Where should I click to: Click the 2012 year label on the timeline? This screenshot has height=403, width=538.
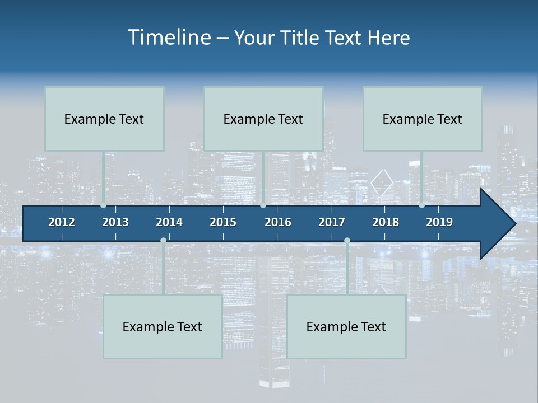click(x=62, y=222)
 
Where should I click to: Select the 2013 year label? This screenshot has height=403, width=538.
click(x=115, y=222)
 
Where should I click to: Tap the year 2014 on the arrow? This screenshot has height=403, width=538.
click(x=169, y=222)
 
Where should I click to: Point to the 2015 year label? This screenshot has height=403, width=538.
click(x=223, y=222)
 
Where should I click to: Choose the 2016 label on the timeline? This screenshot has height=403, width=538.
click(x=278, y=222)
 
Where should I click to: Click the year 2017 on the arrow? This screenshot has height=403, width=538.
click(x=332, y=222)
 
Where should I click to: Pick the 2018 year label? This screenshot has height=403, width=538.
click(x=386, y=222)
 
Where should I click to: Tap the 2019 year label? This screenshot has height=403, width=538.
click(x=439, y=222)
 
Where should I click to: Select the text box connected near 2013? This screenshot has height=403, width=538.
click(x=104, y=119)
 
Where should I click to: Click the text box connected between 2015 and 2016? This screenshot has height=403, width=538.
click(x=263, y=119)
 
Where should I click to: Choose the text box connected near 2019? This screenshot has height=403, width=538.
click(x=423, y=119)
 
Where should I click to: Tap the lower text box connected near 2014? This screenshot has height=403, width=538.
click(x=163, y=326)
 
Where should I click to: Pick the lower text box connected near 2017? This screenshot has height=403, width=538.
click(x=346, y=326)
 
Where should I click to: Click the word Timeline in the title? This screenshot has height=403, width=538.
click(x=169, y=38)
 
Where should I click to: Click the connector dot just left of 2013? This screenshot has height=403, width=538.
click(x=103, y=205)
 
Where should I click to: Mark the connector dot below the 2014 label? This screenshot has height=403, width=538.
click(x=163, y=241)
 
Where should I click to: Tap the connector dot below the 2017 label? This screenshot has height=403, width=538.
click(x=347, y=241)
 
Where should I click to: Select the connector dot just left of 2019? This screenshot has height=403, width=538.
click(x=421, y=205)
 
